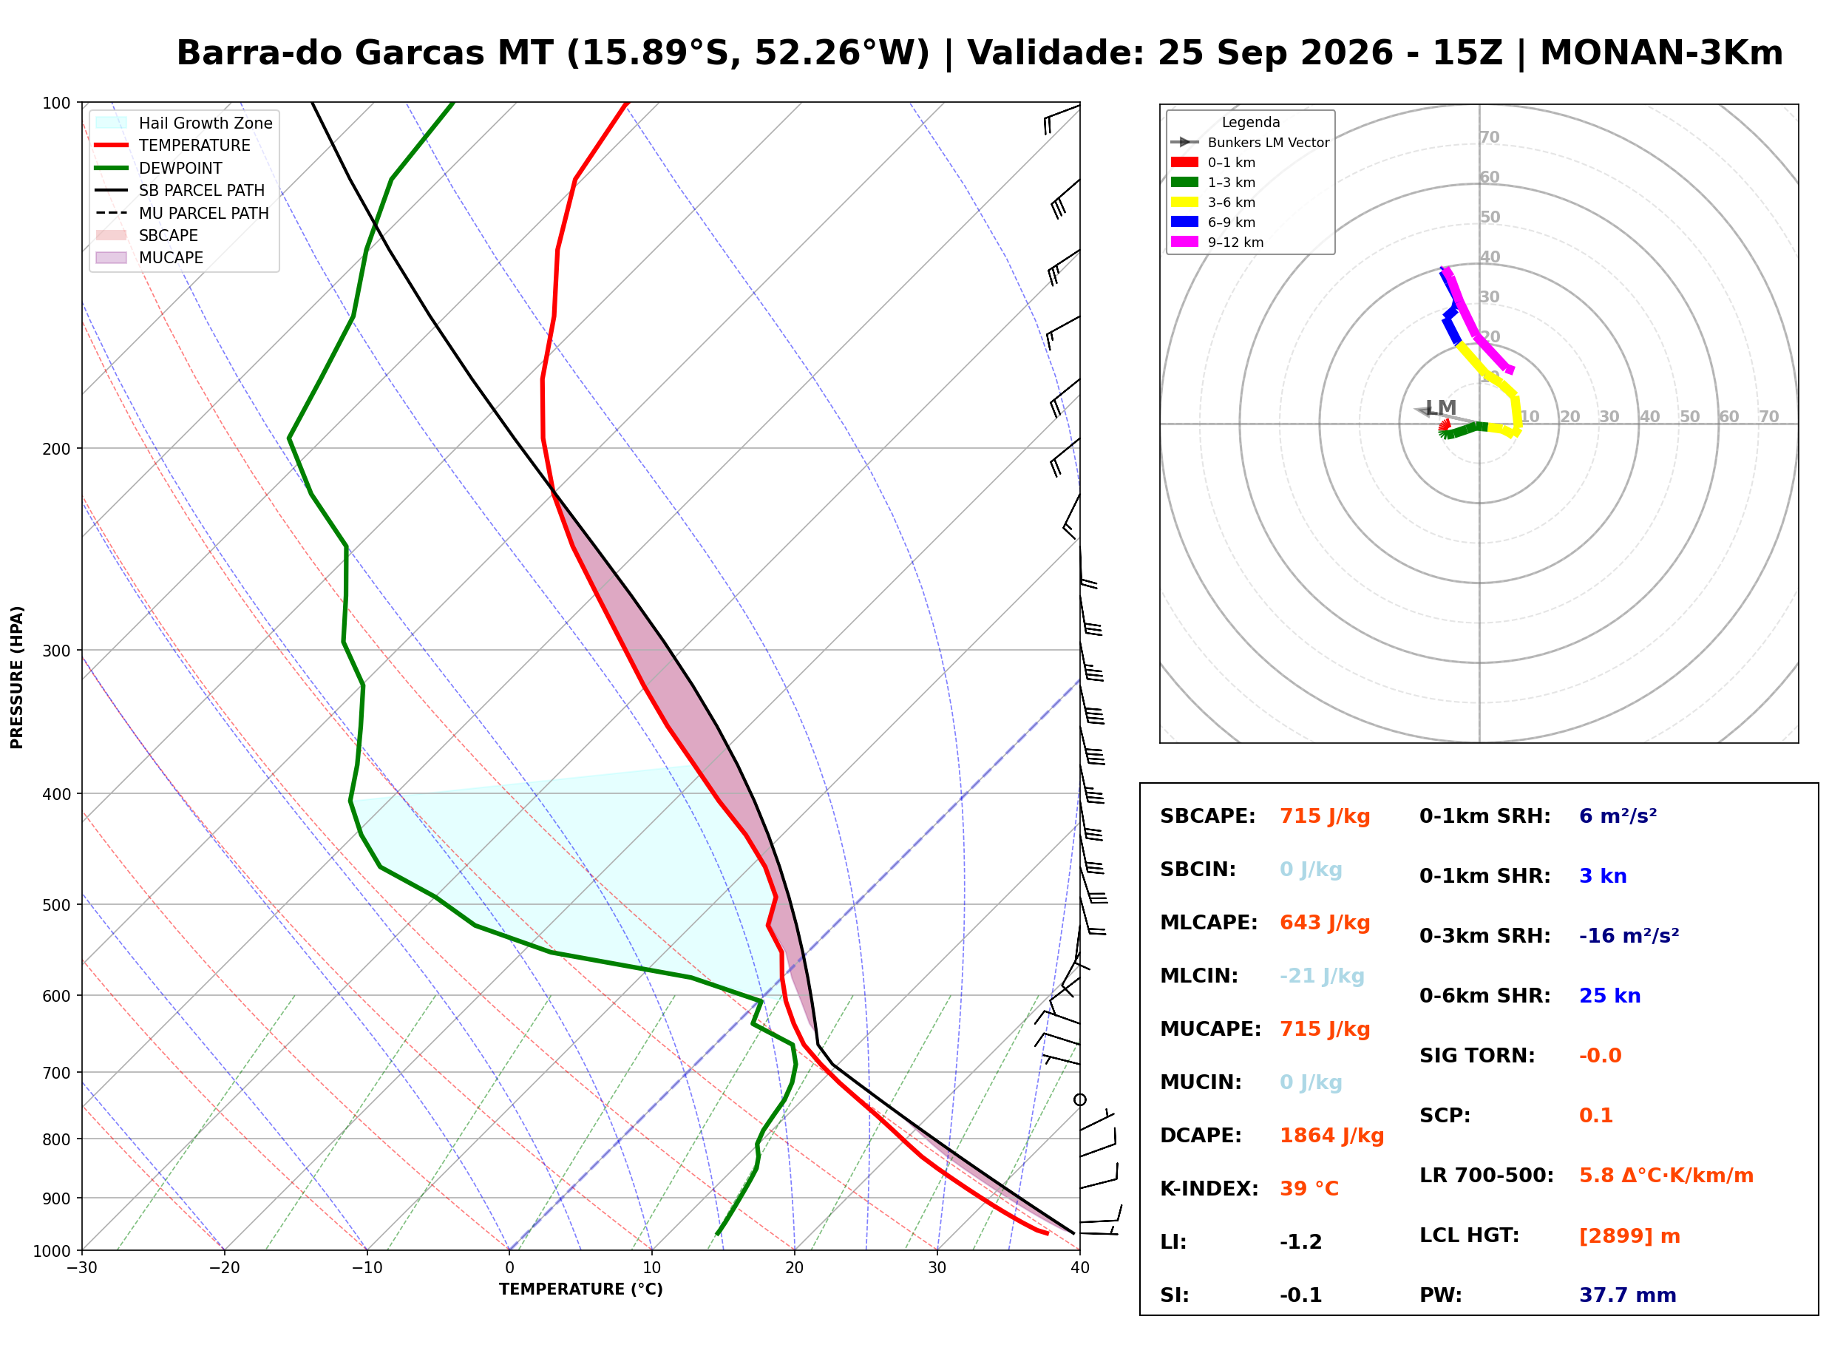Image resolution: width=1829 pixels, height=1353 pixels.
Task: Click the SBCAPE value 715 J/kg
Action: [1324, 816]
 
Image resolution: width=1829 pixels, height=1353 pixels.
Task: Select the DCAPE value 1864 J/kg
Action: [1331, 1136]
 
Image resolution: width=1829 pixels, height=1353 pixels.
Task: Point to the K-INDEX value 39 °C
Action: [1309, 1189]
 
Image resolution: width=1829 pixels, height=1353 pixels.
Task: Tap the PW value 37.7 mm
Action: [1626, 1295]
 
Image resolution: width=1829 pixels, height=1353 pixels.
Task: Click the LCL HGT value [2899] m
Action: [1629, 1236]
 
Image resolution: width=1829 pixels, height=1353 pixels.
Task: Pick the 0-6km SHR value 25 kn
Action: [1609, 996]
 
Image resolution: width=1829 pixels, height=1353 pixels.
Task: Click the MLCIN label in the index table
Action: [1198, 976]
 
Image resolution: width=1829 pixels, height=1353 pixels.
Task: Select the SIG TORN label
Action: [1477, 1056]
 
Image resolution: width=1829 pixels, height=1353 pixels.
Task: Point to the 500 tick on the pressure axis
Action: [58, 905]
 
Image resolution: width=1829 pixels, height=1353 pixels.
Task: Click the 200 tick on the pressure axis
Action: [58, 449]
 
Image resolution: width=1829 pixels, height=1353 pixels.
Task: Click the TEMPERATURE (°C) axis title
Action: [581, 1290]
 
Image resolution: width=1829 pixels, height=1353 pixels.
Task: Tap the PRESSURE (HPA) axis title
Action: [17, 677]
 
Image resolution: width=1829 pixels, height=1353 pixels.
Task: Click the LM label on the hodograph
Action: [1441, 408]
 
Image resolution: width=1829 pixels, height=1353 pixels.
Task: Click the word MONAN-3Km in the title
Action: [1661, 53]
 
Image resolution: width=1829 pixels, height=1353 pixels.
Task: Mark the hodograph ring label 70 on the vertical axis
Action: [1489, 138]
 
